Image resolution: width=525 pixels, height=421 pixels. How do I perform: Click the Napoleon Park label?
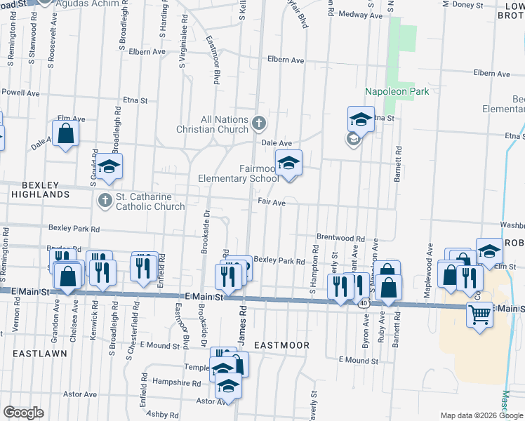pyautogui.click(x=397, y=91)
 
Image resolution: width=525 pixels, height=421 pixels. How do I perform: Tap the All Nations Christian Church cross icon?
pyautogui.click(x=258, y=124)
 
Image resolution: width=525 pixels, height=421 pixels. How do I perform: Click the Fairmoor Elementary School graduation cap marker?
pyautogui.click(x=288, y=163)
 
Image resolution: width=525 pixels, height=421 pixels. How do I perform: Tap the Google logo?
pyautogui.click(x=24, y=412)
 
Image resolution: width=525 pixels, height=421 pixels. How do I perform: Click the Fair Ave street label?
pyautogui.click(x=272, y=203)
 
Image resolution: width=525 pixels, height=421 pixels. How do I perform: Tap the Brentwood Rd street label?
pyautogui.click(x=340, y=239)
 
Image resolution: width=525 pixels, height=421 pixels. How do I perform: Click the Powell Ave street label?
pyautogui.click(x=20, y=92)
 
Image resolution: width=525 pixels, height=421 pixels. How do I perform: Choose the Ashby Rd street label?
pyautogui.click(x=164, y=414)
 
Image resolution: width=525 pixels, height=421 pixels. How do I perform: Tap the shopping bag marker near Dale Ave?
pyautogui.click(x=65, y=133)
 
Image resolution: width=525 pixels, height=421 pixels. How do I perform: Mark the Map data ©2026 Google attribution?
pyautogui.click(x=481, y=415)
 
